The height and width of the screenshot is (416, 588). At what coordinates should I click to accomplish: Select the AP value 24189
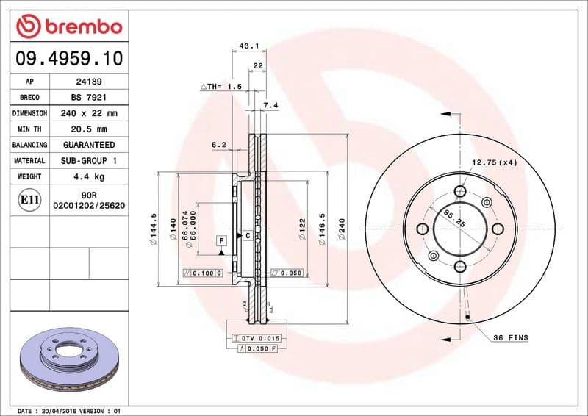90,82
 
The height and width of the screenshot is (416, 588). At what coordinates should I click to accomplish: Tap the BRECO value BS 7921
90,98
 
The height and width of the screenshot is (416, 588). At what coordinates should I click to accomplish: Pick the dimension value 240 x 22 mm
90,114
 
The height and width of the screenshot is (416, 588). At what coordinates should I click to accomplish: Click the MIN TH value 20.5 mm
90,129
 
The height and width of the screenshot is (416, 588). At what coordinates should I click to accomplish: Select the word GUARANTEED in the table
90,145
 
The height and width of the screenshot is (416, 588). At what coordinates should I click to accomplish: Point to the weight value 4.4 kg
90,176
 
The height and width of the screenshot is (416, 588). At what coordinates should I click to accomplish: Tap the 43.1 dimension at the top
248,46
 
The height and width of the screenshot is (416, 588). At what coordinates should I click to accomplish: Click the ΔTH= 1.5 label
221,87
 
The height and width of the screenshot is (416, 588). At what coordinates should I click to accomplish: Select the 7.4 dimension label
270,106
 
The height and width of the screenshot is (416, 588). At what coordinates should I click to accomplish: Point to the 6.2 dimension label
218,145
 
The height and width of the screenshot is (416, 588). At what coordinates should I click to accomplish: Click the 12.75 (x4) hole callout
494,162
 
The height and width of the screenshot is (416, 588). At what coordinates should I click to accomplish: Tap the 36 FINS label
510,338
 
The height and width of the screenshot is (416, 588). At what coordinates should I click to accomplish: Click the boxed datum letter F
220,240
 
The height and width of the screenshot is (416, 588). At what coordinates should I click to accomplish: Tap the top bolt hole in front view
461,192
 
